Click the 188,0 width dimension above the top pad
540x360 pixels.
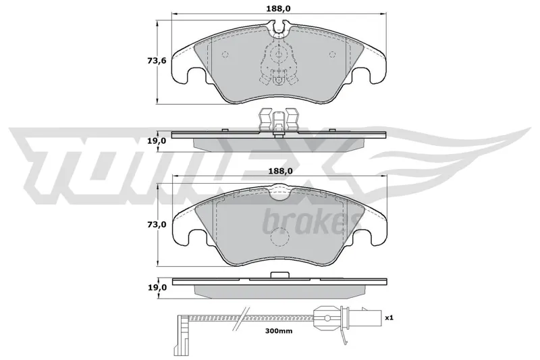click(278, 8)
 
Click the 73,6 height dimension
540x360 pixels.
click(157, 61)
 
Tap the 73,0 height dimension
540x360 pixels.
click(157, 224)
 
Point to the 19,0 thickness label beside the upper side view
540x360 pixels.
click(157, 140)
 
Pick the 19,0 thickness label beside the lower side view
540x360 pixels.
click(157, 287)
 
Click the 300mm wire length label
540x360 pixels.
click(279, 331)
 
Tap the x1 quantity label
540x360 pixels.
click(389, 317)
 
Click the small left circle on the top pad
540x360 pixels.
click(225, 54)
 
